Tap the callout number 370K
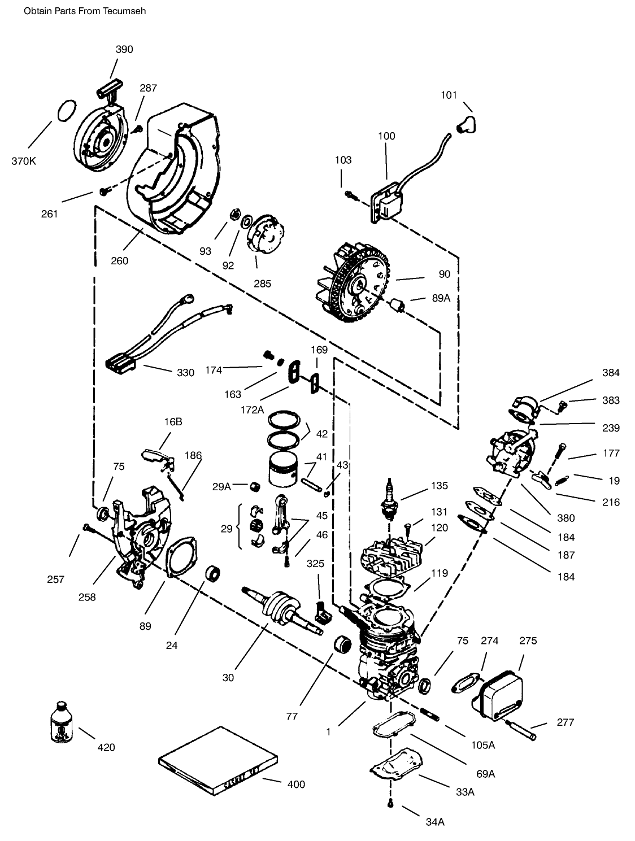[23, 161]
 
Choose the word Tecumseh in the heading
[124, 11]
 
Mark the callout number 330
[185, 373]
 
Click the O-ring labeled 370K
[66, 110]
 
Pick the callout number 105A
[483, 745]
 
